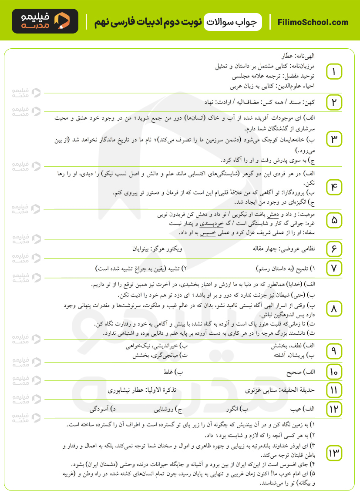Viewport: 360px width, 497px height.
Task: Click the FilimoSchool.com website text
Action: pos(313,22)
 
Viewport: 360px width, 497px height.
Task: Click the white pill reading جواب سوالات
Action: pos(234,22)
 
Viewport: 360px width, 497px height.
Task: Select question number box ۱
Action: pos(334,72)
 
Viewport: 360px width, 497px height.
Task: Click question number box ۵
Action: pos(334,221)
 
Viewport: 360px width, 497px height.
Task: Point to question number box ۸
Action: pos(334,309)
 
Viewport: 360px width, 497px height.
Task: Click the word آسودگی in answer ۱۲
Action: pos(100,410)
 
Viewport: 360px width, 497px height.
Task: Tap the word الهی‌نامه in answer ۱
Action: pos(304,57)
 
